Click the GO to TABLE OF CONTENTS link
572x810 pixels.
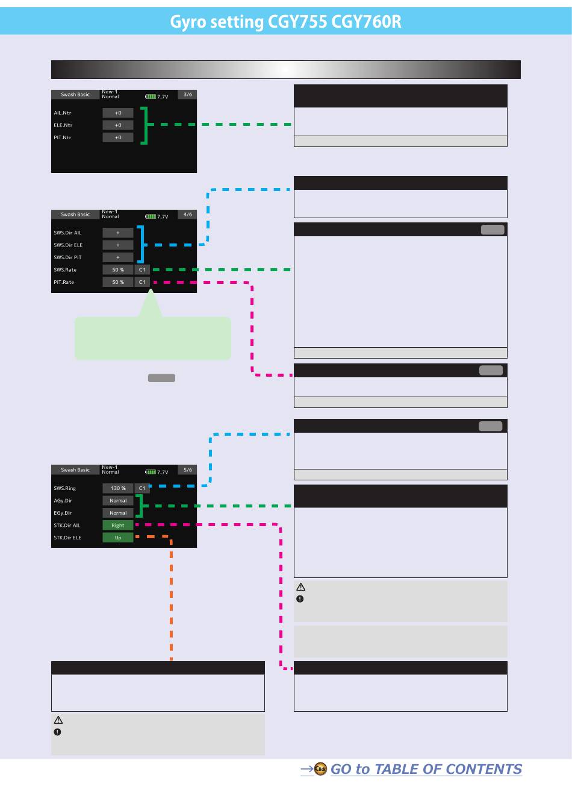[426, 769]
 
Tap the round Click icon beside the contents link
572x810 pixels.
[321, 768]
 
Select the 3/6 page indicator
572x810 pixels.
[188, 95]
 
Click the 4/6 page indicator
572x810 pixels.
[188, 215]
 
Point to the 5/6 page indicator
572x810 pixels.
[188, 470]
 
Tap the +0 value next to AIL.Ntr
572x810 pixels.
[118, 113]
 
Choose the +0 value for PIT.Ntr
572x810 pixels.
[118, 137]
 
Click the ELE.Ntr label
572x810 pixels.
[63, 125]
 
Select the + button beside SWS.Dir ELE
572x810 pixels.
[118, 245]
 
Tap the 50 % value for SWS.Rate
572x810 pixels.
[118, 270]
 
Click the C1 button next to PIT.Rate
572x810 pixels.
[142, 282]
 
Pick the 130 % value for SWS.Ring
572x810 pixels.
[118, 488]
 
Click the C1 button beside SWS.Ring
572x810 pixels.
[142, 488]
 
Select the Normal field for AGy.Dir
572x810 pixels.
[118, 501]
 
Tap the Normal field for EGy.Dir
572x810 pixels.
[118, 513]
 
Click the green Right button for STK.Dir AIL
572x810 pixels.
[118, 526]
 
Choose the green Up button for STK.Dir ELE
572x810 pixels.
[118, 538]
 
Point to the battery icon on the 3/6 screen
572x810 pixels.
[151, 96]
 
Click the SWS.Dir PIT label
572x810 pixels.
[67, 257]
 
